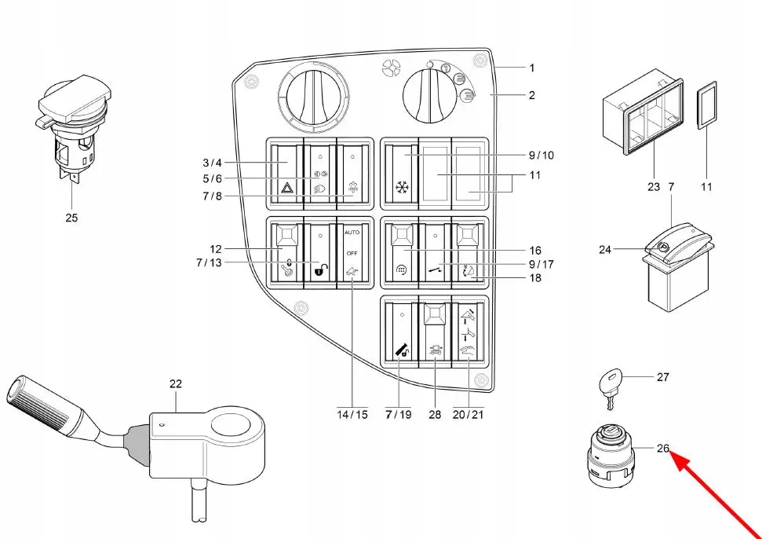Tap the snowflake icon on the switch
(402, 187)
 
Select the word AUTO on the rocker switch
(352, 233)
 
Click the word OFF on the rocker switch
(352, 254)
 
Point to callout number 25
(71, 218)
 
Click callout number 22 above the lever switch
(176, 383)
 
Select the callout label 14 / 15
(352, 415)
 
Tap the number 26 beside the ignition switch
(663, 448)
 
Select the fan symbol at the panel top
(390, 68)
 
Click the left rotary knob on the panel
(313, 97)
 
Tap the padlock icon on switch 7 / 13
(321, 269)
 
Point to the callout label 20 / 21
(468, 415)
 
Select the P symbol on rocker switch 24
(662, 247)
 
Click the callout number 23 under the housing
(654, 186)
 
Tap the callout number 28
(435, 415)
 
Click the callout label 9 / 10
(541, 156)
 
